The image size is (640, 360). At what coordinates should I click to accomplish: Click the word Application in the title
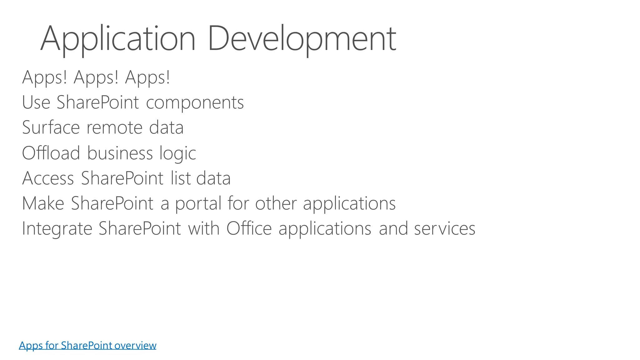[x=118, y=39]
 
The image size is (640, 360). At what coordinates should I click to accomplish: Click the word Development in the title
[x=302, y=39]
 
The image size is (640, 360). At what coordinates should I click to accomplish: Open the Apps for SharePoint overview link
[x=87, y=345]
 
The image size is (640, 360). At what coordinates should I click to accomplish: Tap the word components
[x=195, y=103]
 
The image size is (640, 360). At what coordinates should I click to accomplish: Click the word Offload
[x=51, y=153]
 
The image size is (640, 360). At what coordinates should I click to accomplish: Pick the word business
[x=120, y=153]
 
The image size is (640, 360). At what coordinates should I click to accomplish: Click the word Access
[x=48, y=178]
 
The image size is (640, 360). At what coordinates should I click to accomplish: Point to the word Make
[x=43, y=203]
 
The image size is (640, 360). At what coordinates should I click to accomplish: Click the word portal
[x=198, y=204]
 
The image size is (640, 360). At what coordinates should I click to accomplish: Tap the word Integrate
[x=57, y=229]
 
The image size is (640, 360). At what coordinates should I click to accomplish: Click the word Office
[x=249, y=228]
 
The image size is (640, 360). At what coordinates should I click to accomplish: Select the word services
[x=445, y=229]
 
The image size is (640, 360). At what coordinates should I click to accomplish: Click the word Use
[x=36, y=102]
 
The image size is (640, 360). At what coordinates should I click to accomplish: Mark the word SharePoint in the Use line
[x=97, y=102]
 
